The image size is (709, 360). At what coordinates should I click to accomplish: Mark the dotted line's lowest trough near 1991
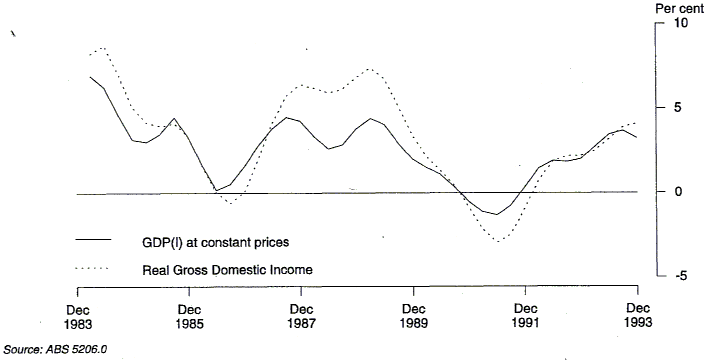498,241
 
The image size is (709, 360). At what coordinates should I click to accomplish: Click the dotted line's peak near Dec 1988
370,69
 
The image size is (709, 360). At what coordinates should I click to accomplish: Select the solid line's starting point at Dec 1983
90,77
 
